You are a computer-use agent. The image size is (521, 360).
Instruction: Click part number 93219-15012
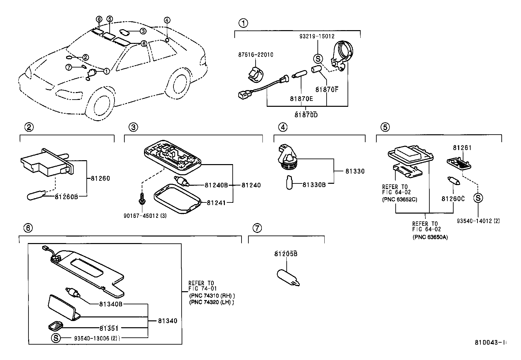coord(317,36)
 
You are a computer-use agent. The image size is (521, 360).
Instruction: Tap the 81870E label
coord(301,98)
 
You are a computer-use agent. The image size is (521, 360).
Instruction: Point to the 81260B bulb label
coord(66,197)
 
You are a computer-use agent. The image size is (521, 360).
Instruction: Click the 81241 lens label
coord(216,203)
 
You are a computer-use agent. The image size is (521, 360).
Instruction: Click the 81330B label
coord(314,185)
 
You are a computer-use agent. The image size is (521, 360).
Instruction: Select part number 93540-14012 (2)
coord(478,221)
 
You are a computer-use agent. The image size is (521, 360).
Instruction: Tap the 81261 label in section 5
coord(462,148)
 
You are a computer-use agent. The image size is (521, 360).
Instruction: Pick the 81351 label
coord(109,328)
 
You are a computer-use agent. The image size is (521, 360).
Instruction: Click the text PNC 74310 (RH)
coord(212,295)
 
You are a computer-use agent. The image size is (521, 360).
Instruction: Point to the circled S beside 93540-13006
coord(56,338)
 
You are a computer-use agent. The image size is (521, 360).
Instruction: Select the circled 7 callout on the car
coord(69,67)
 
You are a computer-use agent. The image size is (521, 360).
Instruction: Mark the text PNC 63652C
coord(400,199)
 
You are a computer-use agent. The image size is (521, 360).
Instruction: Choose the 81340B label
coord(111,304)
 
